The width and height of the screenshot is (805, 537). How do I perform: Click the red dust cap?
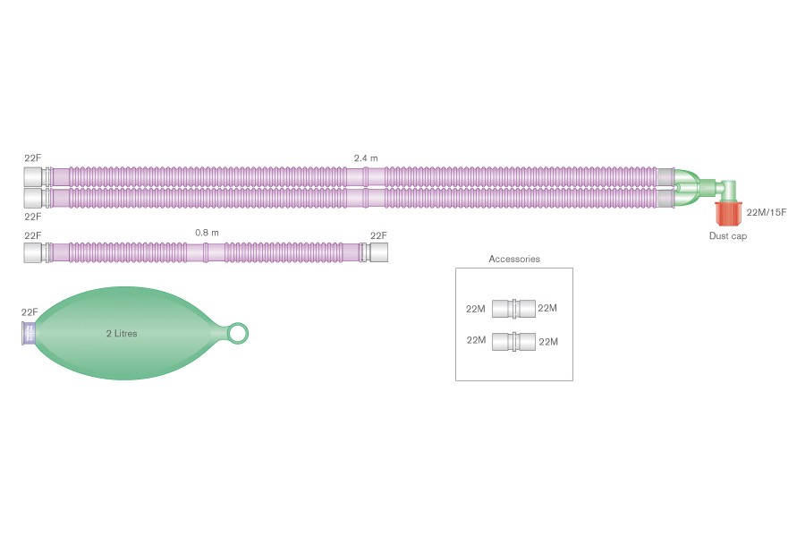[x=728, y=215]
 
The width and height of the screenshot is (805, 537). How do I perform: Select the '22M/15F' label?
[x=766, y=212]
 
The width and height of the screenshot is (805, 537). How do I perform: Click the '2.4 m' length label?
[x=366, y=158]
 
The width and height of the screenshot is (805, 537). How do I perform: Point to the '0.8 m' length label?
[x=207, y=233]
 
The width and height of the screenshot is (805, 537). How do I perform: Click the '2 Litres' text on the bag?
[x=122, y=333]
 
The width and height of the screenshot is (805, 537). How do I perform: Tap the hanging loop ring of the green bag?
[x=238, y=334]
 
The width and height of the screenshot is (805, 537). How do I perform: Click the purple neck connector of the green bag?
[x=29, y=334]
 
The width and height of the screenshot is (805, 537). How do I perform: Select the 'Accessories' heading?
[x=514, y=260]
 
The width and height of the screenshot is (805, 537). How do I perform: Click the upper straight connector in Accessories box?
[x=513, y=309]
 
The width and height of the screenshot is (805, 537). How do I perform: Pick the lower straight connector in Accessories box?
[x=513, y=341]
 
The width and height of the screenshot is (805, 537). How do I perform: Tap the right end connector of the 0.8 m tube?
[x=377, y=253]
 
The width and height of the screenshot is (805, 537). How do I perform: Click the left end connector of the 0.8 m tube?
[x=35, y=253]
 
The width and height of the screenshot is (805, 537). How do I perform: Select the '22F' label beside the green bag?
[x=30, y=312]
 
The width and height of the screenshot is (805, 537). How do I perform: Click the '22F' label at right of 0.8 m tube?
[x=379, y=235]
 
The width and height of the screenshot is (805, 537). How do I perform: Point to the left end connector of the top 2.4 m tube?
[x=34, y=176]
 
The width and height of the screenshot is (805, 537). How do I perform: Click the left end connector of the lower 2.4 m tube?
[x=34, y=197]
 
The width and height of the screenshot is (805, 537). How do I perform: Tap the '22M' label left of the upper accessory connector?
[x=476, y=309]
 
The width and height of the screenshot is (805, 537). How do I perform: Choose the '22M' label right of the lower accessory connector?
[x=547, y=341]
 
